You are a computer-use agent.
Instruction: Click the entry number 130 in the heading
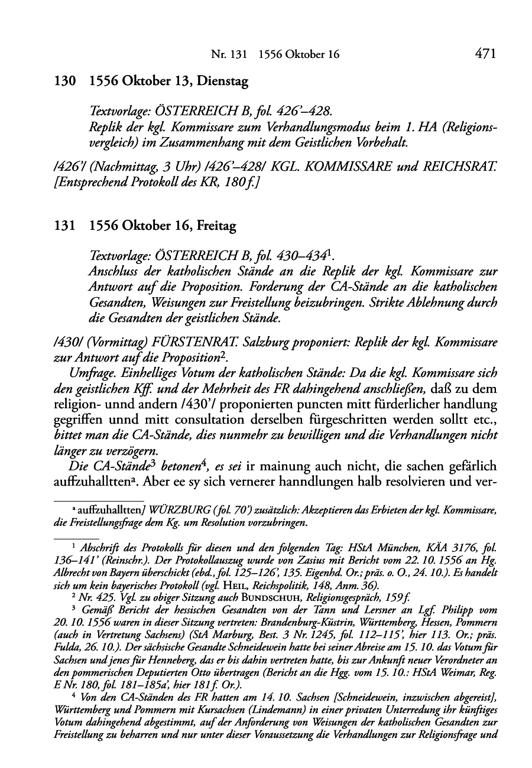(63, 82)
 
